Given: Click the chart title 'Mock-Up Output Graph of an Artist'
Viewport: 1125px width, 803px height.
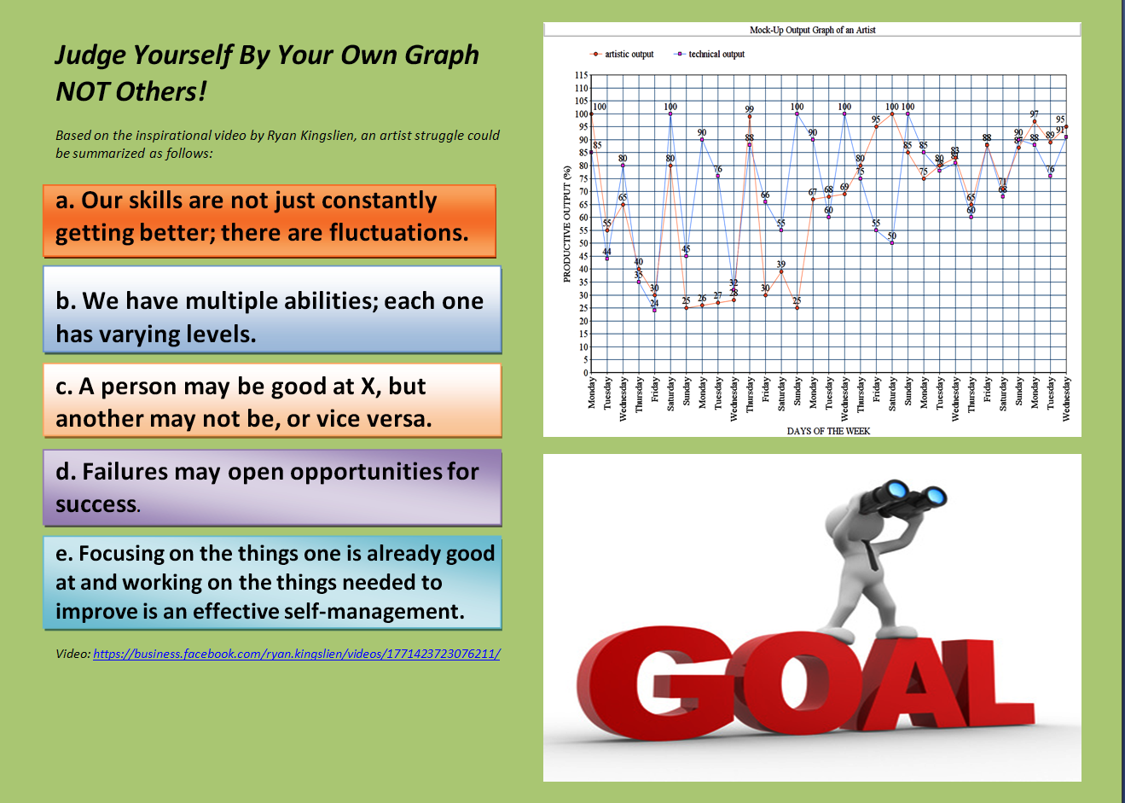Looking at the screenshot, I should (812, 30).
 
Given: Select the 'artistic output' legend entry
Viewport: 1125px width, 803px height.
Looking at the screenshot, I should (629, 54).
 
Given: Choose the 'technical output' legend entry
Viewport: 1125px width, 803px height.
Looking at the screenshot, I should (716, 54).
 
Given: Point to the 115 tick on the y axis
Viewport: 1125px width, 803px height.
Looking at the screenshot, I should (581, 75).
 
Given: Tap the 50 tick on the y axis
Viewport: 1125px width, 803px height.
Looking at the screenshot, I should (583, 243).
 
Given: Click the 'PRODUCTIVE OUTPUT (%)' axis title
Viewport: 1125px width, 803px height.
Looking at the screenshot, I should (566, 224).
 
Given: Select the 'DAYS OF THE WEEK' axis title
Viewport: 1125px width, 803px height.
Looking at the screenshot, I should (828, 431).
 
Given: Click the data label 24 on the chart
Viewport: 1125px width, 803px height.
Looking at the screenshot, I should (654, 303).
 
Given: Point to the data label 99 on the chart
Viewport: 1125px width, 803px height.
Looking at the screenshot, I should (749, 109).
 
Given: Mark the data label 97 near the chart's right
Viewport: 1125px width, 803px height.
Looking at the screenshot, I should (1034, 113).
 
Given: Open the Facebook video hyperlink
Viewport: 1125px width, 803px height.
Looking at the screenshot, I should (296, 654).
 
